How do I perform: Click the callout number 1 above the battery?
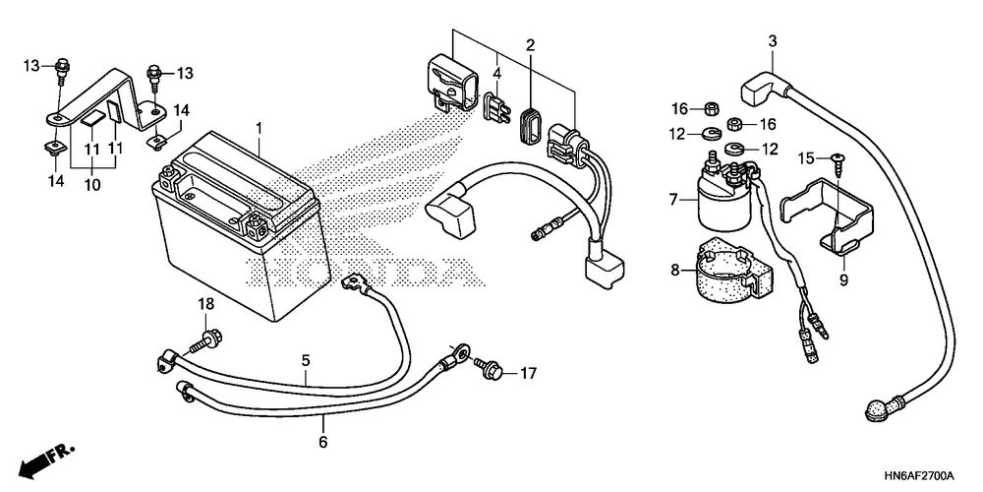pyautogui.click(x=260, y=129)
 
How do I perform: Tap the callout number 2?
pyautogui.click(x=530, y=45)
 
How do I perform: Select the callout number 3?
pyautogui.click(x=772, y=40)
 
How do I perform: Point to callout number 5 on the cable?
pyautogui.click(x=306, y=361)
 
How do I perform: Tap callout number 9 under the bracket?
pyautogui.click(x=842, y=278)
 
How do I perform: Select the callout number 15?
pyautogui.click(x=806, y=157)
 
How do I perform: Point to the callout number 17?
pyautogui.click(x=528, y=374)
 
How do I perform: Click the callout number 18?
pyautogui.click(x=206, y=306)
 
